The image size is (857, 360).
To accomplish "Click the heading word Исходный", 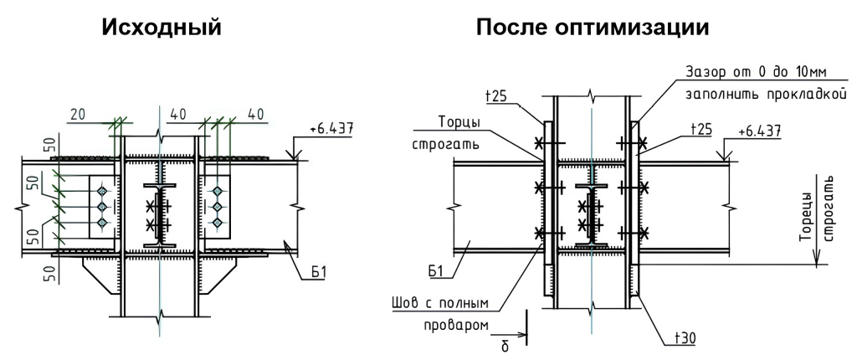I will pos(162,28).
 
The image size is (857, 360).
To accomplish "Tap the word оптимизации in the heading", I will pos(641,28).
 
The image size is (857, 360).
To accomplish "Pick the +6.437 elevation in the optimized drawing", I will pos(761,131).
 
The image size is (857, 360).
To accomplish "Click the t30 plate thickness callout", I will pos(687,337).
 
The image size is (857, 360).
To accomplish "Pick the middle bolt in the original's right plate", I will pos(218,205).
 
